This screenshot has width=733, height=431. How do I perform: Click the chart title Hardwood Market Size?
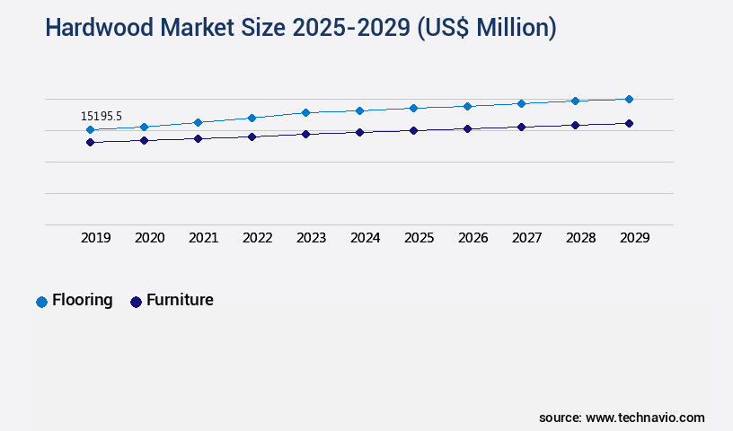300,28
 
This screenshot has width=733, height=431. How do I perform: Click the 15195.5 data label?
102,116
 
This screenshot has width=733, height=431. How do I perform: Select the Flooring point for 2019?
90,129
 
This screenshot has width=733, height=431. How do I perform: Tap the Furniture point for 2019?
90,142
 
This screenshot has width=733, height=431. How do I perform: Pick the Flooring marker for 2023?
305,112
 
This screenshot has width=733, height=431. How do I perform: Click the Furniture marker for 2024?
359,132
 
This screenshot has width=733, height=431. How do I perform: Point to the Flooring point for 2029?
629,99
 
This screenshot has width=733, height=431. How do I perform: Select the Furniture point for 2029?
629,123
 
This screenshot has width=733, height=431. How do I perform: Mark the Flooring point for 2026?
467,106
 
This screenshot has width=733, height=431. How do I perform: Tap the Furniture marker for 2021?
198,138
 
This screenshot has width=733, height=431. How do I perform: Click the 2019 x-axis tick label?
96,238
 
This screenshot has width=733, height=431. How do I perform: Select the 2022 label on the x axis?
258,238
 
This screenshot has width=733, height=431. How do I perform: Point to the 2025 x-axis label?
419,238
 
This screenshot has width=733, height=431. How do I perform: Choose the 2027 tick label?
527,238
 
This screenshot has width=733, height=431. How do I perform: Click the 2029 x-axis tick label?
635,238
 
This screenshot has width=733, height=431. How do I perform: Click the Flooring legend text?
83,300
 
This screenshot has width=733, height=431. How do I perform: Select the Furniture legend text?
180,300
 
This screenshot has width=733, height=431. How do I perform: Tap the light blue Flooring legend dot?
41,302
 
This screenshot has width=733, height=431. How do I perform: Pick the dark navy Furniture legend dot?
137,302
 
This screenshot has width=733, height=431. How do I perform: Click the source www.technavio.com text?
622,418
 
